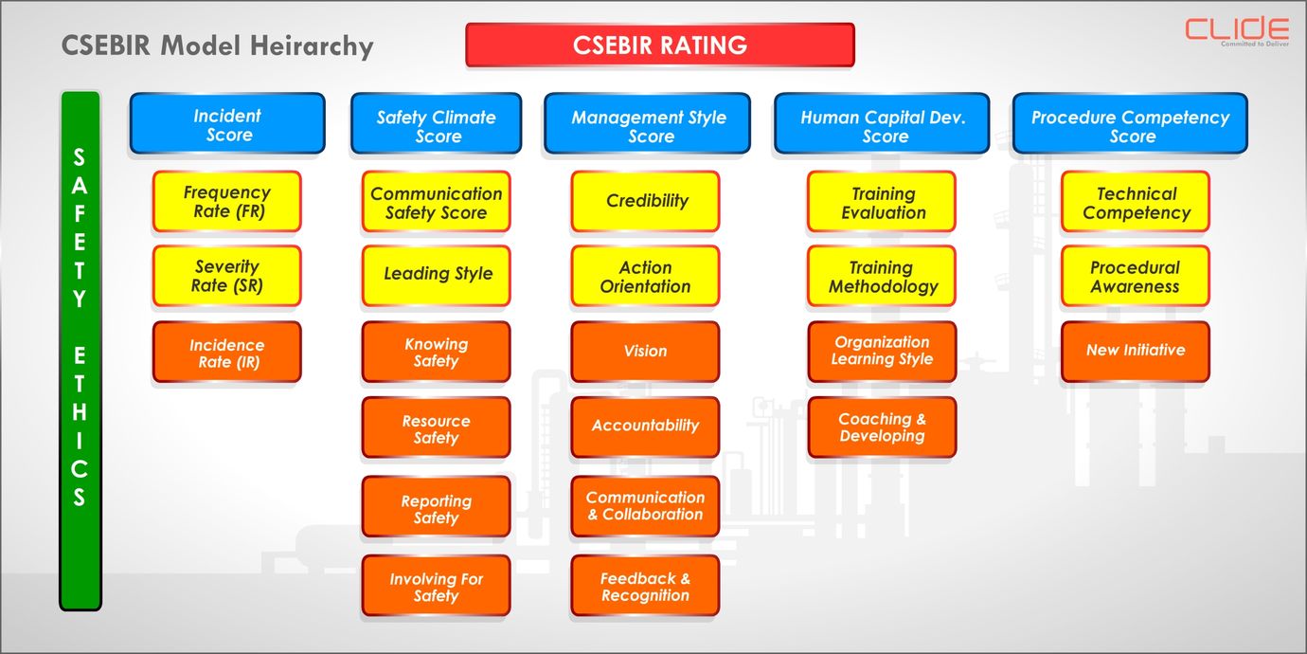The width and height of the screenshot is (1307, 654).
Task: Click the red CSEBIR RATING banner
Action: pyautogui.click(x=660, y=45)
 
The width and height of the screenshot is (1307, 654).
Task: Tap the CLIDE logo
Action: pyautogui.click(x=1236, y=30)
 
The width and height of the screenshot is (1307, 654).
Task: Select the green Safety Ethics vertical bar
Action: pyautogui.click(x=81, y=351)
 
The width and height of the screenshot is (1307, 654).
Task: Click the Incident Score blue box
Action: pyautogui.click(x=227, y=123)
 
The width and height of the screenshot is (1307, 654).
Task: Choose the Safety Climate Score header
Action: pyautogui.click(x=436, y=124)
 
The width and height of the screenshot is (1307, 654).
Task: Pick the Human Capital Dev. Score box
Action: pyautogui.click(x=882, y=124)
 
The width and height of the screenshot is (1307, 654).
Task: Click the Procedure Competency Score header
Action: pyautogui.click(x=1130, y=124)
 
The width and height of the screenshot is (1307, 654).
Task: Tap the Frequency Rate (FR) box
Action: pyautogui.click(x=227, y=202)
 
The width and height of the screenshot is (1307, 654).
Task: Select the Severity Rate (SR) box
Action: pyautogui.click(x=227, y=276)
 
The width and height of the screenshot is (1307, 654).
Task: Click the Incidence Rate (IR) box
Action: pyautogui.click(x=227, y=352)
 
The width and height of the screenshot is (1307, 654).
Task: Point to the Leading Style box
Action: pyautogui.click(x=437, y=276)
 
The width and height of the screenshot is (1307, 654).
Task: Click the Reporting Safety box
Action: pyautogui.click(x=437, y=507)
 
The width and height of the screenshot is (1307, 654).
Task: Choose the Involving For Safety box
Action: pyautogui.click(x=437, y=586)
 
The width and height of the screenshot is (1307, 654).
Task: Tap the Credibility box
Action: pyautogui.click(x=645, y=202)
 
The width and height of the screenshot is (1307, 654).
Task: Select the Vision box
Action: pyautogui.click(x=645, y=352)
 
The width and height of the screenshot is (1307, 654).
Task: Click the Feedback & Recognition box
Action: pyautogui.click(x=645, y=586)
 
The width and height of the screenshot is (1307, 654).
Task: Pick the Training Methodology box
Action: pyautogui.click(x=883, y=276)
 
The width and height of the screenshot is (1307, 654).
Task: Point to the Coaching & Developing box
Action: pyautogui.click(x=883, y=427)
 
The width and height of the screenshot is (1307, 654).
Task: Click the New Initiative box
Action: pyautogui.click(x=1136, y=352)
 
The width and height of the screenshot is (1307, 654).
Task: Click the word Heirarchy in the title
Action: pyautogui.click(x=313, y=46)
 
